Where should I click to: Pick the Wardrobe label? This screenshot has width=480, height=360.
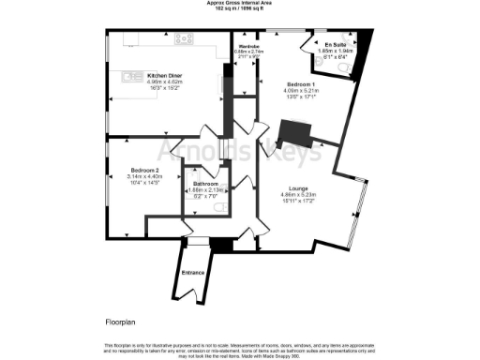pyautogui.click(x=248, y=46)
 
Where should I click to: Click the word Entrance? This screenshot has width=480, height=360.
pyautogui.click(x=193, y=273)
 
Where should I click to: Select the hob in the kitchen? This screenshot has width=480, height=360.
pyautogui.click(x=182, y=38)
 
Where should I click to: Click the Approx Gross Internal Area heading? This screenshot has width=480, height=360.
pyautogui.click(x=239, y=3)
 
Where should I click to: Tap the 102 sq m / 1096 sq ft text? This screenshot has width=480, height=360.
pyautogui.click(x=239, y=8)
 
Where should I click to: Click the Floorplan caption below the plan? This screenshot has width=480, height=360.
pyautogui.click(x=121, y=322)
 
